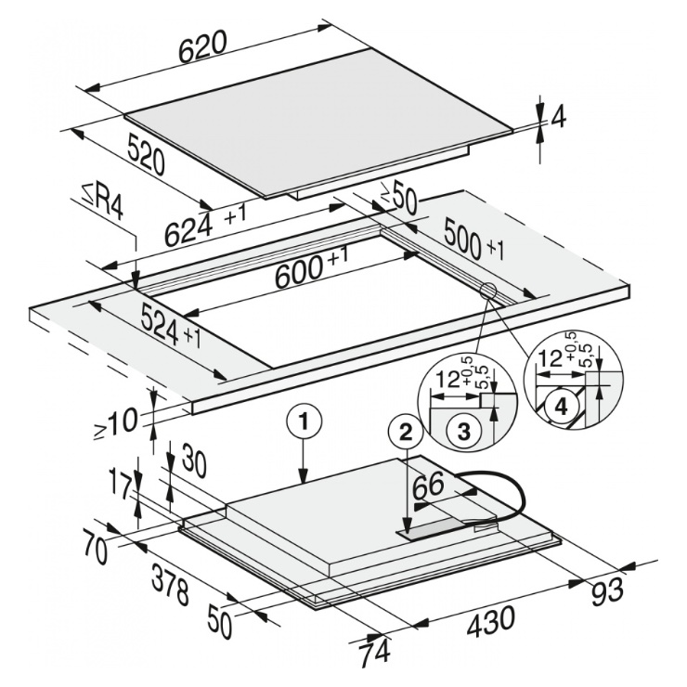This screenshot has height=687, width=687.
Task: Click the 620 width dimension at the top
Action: tap(203, 45)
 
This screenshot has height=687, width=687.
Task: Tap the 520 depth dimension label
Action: tap(146, 155)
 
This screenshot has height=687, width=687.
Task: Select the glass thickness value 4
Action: tap(557, 119)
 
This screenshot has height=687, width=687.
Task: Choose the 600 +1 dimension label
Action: tap(312, 269)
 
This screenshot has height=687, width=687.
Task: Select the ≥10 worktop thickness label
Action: tap(116, 421)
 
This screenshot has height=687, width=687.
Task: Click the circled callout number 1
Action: tap(304, 421)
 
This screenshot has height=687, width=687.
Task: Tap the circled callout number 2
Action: tap(406, 433)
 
